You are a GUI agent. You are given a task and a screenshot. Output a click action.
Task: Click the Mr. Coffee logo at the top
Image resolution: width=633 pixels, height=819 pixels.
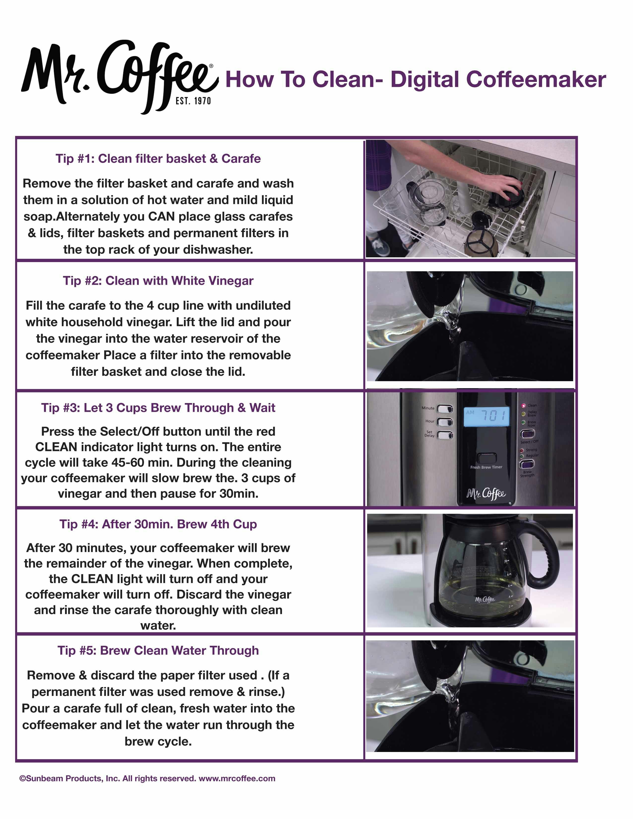point(119,75)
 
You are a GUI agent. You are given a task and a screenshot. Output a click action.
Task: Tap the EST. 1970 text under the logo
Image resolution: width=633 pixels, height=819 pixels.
point(193,101)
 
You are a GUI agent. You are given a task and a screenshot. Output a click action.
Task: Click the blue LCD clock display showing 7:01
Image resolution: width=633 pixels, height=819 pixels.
point(486,416)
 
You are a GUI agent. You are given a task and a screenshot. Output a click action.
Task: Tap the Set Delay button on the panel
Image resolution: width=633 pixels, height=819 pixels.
point(445,435)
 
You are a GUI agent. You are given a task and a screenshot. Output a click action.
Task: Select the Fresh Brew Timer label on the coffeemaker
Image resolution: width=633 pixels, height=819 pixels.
point(486,467)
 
